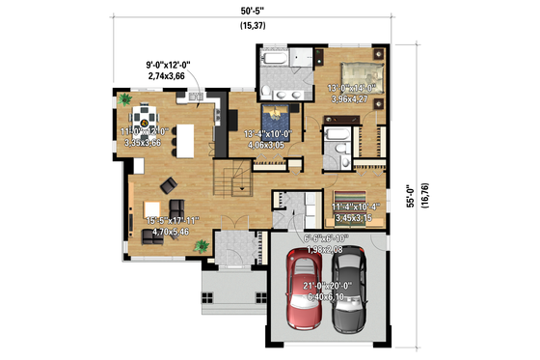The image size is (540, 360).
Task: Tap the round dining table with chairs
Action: click(145, 120)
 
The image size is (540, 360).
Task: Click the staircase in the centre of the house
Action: click(235, 180)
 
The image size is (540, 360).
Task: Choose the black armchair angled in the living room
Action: click(168, 185)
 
